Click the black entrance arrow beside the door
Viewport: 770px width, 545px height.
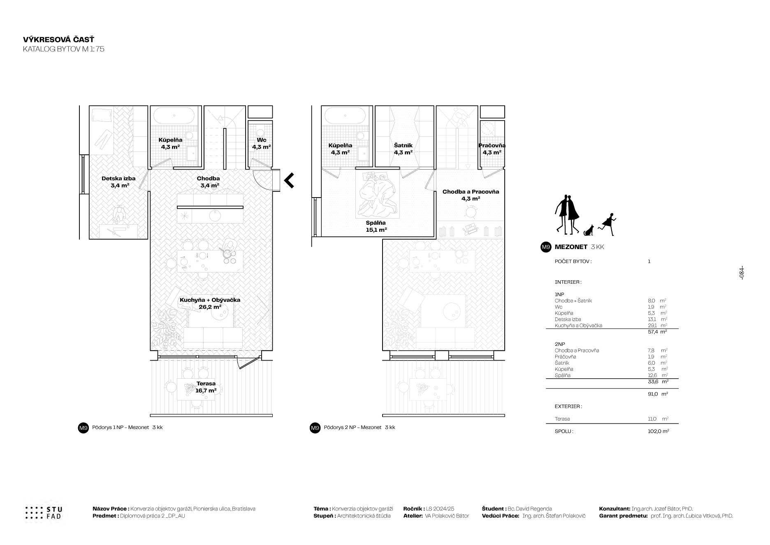[x=289, y=180]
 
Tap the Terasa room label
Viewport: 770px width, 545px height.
[x=206, y=387]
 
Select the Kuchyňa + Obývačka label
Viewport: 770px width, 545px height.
[x=210, y=303]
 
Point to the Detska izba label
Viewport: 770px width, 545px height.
[x=118, y=182]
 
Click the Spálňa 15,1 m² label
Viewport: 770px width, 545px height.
[x=376, y=226]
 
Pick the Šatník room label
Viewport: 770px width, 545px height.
[x=403, y=149]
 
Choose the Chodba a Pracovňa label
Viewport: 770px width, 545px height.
[x=471, y=195]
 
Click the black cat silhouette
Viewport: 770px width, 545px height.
[x=589, y=231]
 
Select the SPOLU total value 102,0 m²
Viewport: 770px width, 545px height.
[x=658, y=431]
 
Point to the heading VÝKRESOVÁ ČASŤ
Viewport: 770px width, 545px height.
[x=59, y=40]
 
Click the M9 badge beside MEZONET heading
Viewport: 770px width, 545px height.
[x=545, y=247]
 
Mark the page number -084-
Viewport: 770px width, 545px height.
[x=742, y=273]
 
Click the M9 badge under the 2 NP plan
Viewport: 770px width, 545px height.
[x=315, y=428]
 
